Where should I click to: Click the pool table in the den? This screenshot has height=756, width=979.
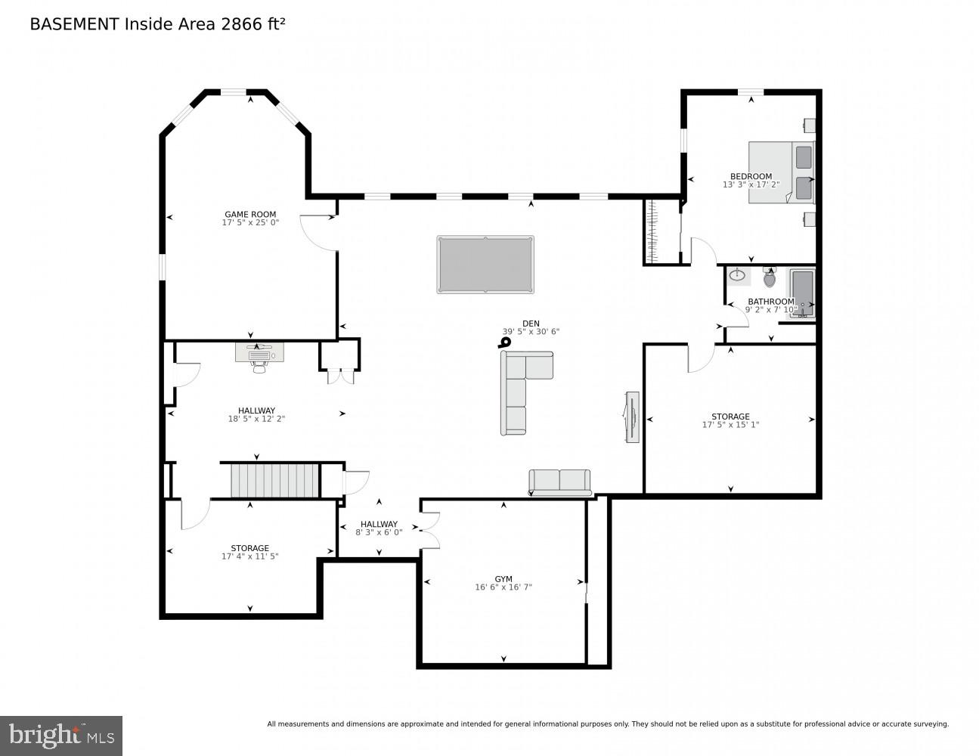click(x=485, y=265)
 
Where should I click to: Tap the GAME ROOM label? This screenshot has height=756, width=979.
click(x=250, y=214)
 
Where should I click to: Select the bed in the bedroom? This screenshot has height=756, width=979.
click(x=782, y=172)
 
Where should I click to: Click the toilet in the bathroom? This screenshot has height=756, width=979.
click(x=770, y=278)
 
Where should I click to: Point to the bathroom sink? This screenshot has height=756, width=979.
click(x=738, y=275)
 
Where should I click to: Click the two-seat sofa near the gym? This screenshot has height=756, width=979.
click(x=559, y=482)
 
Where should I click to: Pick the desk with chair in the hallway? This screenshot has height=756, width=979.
click(x=259, y=355)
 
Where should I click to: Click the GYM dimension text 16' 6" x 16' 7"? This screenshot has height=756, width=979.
click(x=503, y=587)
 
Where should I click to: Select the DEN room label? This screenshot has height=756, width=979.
click(x=531, y=324)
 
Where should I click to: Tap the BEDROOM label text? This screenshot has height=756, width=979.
click(x=751, y=176)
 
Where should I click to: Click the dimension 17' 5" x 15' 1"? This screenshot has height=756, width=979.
click(x=730, y=425)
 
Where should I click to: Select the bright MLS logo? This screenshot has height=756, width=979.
click(x=61, y=736)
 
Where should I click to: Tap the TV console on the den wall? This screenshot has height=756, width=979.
click(x=632, y=417)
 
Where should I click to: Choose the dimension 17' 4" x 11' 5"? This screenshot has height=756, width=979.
click(x=250, y=556)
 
